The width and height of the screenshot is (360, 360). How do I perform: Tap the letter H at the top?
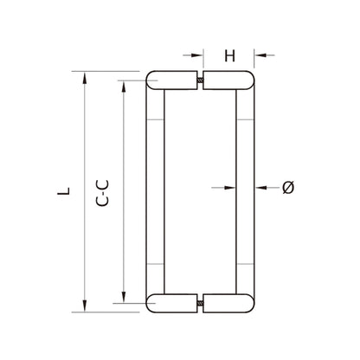(x=229, y=56)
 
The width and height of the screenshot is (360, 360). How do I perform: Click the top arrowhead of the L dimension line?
(x=84, y=77)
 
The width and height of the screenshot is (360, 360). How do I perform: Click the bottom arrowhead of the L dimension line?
(x=84, y=304)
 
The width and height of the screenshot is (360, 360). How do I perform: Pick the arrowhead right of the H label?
(x=259, y=55)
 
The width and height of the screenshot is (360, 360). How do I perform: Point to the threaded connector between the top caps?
(x=201, y=82)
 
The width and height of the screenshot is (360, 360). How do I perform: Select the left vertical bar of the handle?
(x=156, y=192)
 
